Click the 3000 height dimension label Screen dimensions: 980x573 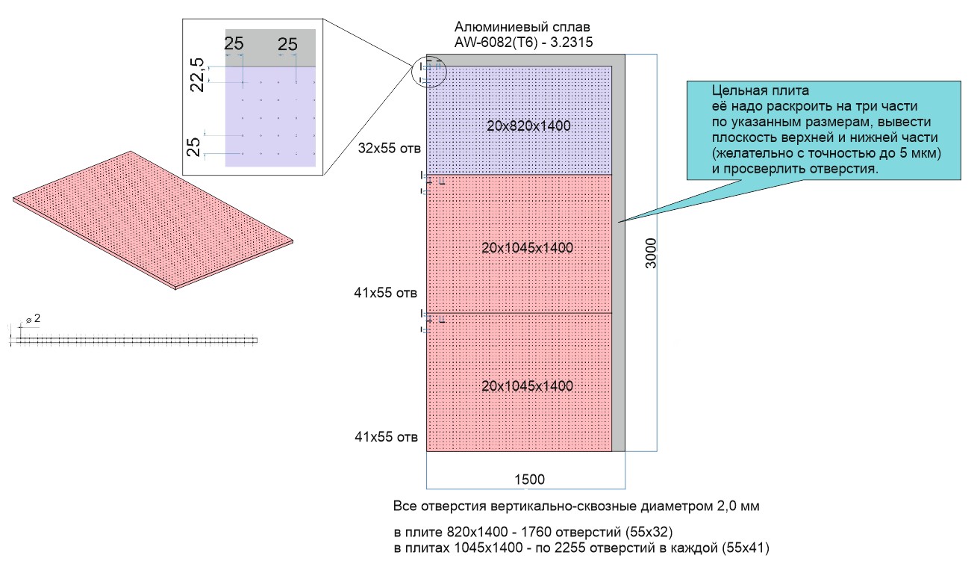tap(652, 253)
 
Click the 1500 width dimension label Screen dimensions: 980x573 tap(529, 480)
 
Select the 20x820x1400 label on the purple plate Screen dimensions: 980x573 tap(528, 126)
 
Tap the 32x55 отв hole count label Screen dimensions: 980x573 tap(390, 149)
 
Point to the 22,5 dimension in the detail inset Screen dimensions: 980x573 tap(198, 75)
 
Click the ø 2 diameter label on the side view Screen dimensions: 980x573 tap(34, 319)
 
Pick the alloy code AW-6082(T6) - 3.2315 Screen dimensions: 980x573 tap(524, 43)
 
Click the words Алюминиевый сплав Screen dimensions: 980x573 tap(522, 27)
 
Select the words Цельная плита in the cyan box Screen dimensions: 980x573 tap(761, 90)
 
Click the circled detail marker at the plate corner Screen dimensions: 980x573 tap(429, 72)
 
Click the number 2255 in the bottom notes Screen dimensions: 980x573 tap(569, 548)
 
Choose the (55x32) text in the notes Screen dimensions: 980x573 tap(649, 533)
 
